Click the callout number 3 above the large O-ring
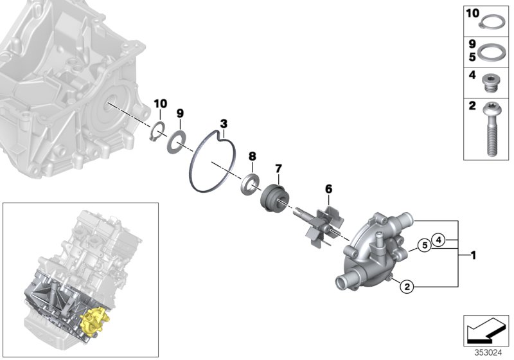pyautogui.click(x=224, y=123)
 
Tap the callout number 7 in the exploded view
pyautogui.click(x=278, y=169)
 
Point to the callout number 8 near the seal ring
pyautogui.click(x=253, y=156)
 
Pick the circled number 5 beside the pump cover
pyautogui.click(x=423, y=245)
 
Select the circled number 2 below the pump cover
pyautogui.click(x=405, y=287)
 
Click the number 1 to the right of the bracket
pyautogui.click(x=473, y=256)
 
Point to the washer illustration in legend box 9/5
pyautogui.click(x=493, y=51)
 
